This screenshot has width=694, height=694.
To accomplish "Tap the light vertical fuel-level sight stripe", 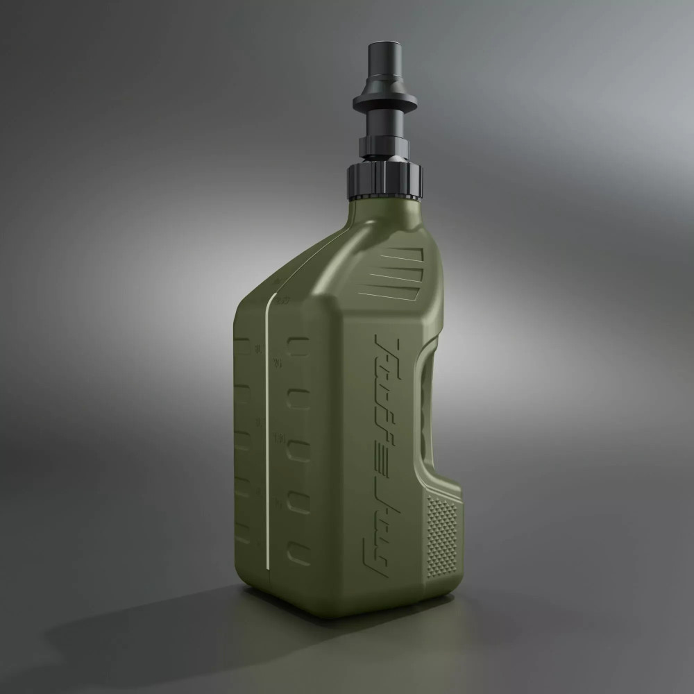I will tap(266, 430).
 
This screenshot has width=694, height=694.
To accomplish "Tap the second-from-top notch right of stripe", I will tap(299, 399).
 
